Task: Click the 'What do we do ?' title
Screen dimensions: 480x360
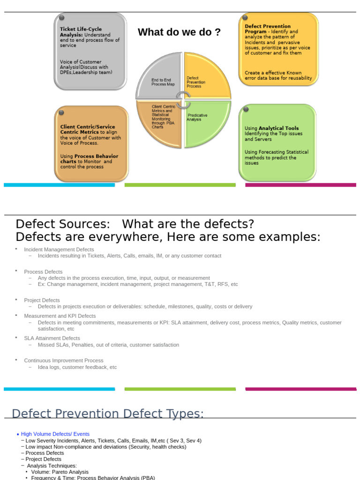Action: click(x=179, y=32)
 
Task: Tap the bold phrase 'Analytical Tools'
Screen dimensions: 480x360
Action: click(x=278, y=128)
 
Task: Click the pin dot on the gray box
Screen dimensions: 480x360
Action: click(x=61, y=18)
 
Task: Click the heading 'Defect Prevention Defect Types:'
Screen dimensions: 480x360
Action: click(x=108, y=413)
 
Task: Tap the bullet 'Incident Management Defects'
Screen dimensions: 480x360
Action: click(x=59, y=249)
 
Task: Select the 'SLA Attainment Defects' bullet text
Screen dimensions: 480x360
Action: click(x=52, y=338)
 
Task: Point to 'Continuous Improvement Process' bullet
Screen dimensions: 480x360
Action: click(x=64, y=360)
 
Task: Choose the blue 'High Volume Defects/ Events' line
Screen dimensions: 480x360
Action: click(x=55, y=434)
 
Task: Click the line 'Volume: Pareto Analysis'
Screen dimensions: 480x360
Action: click(x=60, y=472)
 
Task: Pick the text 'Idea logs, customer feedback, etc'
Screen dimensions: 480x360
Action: click(x=77, y=367)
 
